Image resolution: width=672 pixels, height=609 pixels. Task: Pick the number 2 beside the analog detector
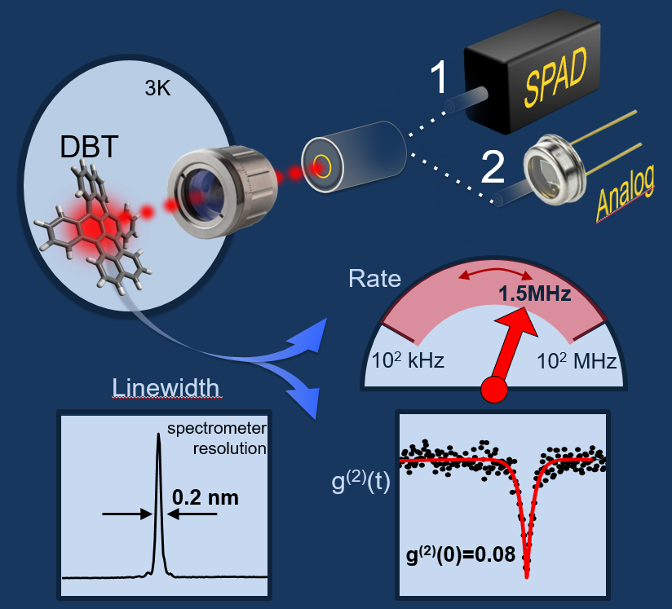492,168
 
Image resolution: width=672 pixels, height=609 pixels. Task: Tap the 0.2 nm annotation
206,496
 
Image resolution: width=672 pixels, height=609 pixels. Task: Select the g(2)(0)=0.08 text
460,556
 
